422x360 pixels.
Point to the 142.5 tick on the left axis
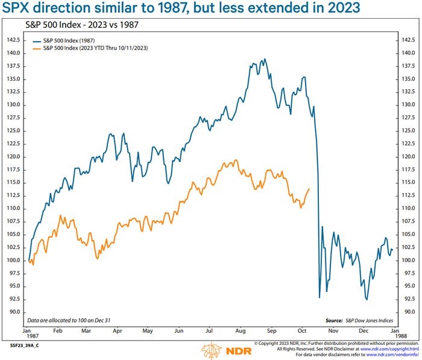[13, 40]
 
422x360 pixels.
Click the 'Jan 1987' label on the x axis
[28, 335]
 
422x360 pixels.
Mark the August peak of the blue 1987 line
[264, 59]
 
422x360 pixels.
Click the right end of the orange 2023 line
[309, 189]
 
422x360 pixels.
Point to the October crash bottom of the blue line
[320, 297]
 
